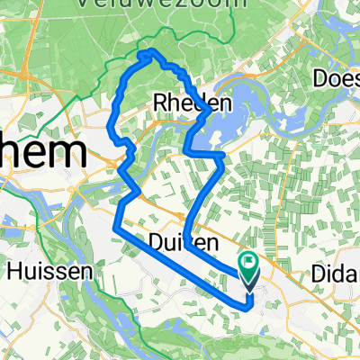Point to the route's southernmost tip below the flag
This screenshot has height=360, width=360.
248,306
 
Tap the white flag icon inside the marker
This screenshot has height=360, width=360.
249,262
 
